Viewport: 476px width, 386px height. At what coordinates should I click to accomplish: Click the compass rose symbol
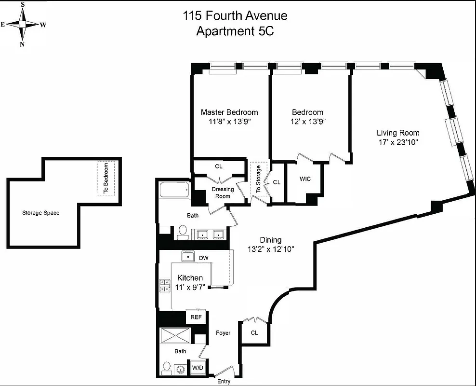pos(23,24)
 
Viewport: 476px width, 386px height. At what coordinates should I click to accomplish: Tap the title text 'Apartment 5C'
pos(235,31)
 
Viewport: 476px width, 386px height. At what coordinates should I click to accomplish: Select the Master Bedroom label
pos(229,112)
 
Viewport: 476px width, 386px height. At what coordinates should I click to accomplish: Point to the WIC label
pos(305,179)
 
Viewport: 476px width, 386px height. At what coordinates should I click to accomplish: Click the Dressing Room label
pos(223,193)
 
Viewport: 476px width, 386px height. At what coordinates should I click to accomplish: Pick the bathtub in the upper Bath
pos(174,190)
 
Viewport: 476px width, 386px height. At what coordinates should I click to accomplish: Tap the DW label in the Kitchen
pos(204,258)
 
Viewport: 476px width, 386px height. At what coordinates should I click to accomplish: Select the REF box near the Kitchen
pos(196,317)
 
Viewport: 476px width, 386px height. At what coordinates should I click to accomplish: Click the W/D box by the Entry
pos(198,368)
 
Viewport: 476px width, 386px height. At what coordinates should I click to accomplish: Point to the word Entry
pos(224,381)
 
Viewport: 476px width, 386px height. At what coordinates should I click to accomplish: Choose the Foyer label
pos(223,333)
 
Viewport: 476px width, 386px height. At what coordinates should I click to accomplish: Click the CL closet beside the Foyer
pos(254,333)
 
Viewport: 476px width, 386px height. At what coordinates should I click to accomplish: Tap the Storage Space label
pos(41,213)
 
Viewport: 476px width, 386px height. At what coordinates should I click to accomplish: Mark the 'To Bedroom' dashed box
pos(106,178)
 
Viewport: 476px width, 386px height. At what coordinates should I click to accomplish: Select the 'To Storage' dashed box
pos(258,179)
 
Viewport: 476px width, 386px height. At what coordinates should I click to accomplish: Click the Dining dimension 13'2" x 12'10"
pos(270,249)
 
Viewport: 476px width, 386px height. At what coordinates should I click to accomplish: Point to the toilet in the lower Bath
pos(166,369)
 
